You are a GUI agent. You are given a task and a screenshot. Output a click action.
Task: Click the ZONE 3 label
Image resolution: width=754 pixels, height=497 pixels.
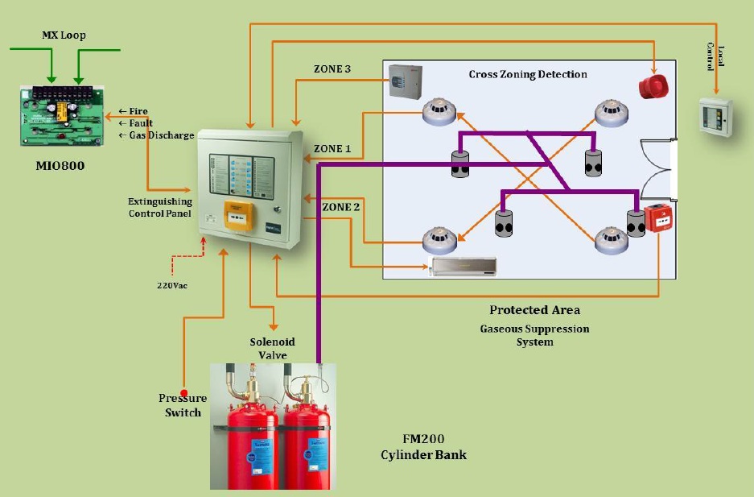click(332, 69)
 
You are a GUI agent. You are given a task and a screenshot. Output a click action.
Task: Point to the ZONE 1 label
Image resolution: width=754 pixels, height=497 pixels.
click(332, 149)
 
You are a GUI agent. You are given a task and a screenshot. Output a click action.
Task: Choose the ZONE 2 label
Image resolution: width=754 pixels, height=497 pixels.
click(341, 207)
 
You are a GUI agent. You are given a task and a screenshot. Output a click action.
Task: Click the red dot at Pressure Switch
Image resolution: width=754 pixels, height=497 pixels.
click(184, 393)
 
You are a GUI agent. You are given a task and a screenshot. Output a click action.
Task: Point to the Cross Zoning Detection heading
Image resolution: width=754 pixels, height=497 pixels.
click(528, 74)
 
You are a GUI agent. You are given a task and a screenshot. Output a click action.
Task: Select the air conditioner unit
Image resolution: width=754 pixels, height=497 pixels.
click(464, 266)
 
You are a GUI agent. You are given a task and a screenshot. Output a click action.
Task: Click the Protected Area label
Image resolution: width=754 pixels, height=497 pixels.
click(534, 310)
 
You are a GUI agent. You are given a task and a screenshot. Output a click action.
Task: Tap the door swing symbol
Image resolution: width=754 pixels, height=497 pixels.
click(658, 171)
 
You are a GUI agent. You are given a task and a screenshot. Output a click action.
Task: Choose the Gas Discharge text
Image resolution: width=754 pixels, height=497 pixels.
click(162, 135)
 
